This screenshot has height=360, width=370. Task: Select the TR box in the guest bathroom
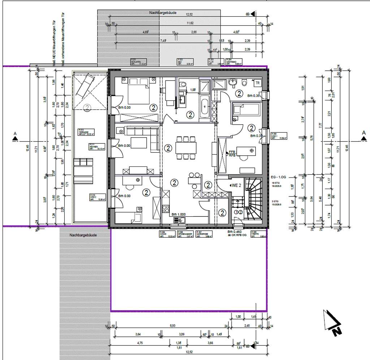(257, 83)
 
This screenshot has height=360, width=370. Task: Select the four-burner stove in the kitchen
(167, 209)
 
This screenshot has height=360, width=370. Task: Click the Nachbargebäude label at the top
(163, 13)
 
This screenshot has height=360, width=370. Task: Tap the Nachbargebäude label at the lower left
(84, 235)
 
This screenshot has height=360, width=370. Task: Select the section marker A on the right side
(364, 133)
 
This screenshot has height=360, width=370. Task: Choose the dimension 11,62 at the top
(189, 23)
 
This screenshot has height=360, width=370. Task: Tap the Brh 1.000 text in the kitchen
(178, 213)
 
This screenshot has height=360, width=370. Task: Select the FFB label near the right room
(232, 152)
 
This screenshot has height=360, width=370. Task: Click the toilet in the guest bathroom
(245, 83)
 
